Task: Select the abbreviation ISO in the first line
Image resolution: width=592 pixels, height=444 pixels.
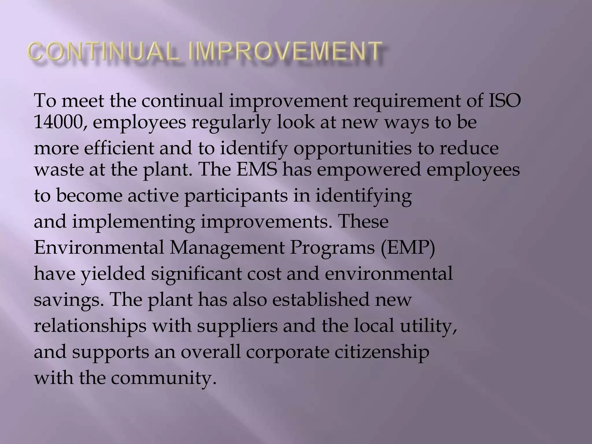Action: [x=504, y=101]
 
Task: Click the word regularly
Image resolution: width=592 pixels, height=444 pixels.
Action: [x=230, y=123]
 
